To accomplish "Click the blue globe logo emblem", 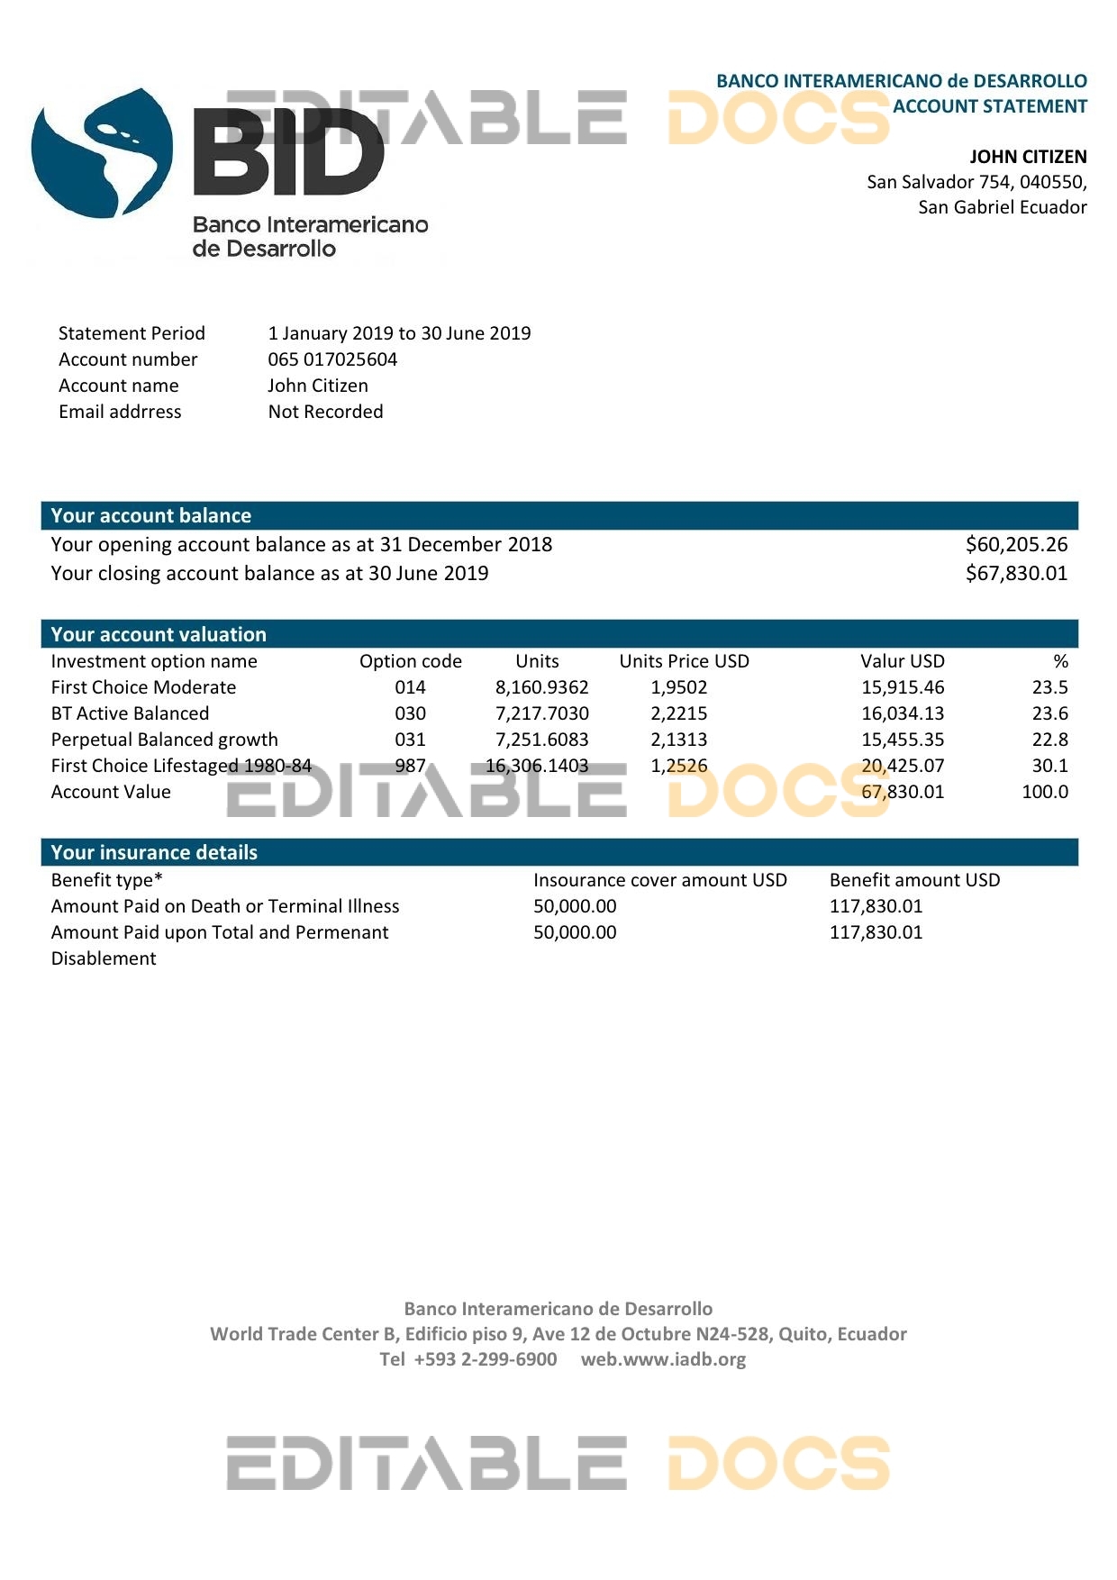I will [x=101, y=153].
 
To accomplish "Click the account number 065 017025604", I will [x=332, y=359].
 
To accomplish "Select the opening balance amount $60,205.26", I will [x=1016, y=544].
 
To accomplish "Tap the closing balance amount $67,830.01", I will [x=1016, y=573].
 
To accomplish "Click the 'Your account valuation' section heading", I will [x=159, y=634].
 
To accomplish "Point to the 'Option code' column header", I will [x=410, y=661].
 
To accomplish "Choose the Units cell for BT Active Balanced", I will [x=541, y=713].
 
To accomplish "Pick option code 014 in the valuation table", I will [x=410, y=687].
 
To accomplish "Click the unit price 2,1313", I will [x=679, y=740].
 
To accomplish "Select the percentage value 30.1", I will [x=1049, y=766].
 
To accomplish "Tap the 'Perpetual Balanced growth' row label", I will [x=164, y=740].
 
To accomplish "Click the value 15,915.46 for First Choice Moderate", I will [x=903, y=687].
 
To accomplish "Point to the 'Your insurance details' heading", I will [x=154, y=852].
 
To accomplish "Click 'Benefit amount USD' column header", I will [x=914, y=880].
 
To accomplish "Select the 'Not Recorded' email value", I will [x=325, y=412].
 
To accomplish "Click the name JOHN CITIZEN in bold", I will [x=1028, y=157].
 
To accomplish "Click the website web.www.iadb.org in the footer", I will [x=663, y=1359].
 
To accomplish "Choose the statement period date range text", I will [x=399, y=333].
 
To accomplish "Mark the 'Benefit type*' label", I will [x=106, y=880].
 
